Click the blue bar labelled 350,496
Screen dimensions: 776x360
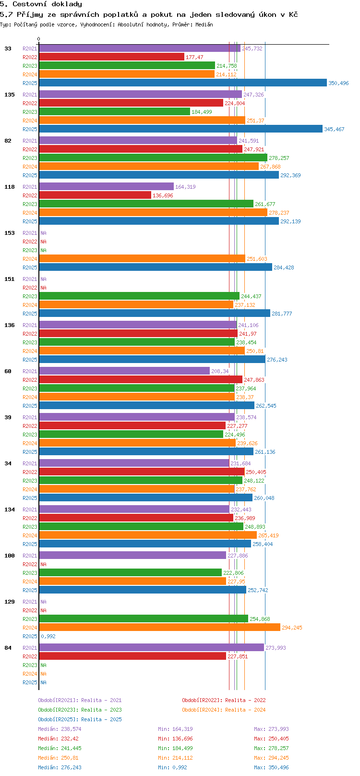pos(182,83)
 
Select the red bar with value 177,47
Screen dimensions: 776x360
pos(111,57)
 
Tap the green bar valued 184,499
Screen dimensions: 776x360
pos(114,112)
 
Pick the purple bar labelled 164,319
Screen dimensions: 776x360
pos(106,187)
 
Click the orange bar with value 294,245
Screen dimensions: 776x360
pos(159,628)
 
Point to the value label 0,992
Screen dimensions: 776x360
pos(48,636)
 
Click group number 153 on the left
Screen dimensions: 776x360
pos(10,233)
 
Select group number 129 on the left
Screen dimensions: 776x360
pos(10,602)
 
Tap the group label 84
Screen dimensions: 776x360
pos(8,648)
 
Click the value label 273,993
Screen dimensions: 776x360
pos(276,648)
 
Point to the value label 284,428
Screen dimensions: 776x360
pos(284,267)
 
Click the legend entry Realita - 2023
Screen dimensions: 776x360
pos(80,710)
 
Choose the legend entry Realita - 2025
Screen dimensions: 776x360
pos(80,719)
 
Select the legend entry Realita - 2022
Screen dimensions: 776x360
pos(224,700)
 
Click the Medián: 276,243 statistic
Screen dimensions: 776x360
pos(60,767)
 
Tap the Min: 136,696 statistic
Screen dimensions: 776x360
pos(175,739)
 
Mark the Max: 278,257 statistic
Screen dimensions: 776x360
pos(271,748)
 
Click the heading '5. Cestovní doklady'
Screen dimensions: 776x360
pos(41,4)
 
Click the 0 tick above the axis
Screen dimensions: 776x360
pos(39,39)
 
